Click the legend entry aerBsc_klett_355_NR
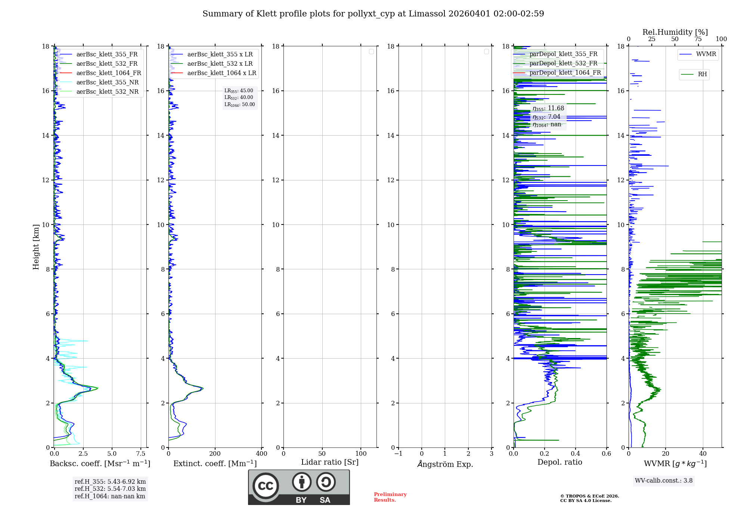(x=107, y=82)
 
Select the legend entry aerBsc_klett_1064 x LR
(x=221, y=73)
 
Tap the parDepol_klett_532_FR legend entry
(x=563, y=63)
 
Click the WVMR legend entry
(x=706, y=54)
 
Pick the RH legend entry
(x=702, y=74)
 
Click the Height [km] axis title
(x=36, y=247)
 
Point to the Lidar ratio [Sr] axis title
(x=330, y=462)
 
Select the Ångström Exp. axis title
(x=445, y=464)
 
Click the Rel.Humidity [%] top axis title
(x=675, y=32)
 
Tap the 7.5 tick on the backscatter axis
(x=141, y=453)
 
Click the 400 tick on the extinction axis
(x=261, y=453)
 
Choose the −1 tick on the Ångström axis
(x=399, y=453)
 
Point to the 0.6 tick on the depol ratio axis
(x=606, y=453)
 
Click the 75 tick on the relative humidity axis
(x=698, y=39)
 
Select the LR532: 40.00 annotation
(x=239, y=97)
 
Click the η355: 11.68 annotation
(x=548, y=108)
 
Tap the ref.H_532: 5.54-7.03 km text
(x=110, y=489)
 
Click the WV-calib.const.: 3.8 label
(x=664, y=480)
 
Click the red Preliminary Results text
(x=390, y=497)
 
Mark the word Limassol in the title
(x=427, y=14)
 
